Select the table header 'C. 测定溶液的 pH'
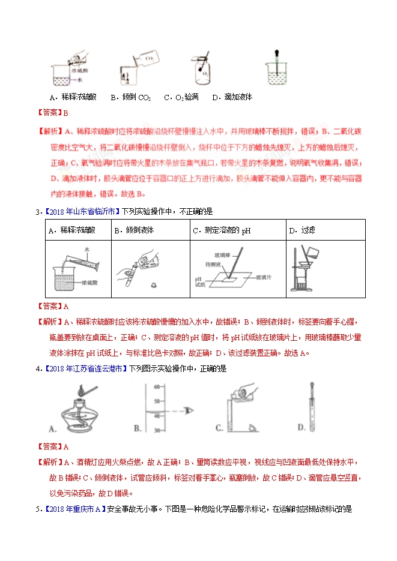(220, 230)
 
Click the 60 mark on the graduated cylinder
(157, 386)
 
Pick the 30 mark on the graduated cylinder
(157, 430)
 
